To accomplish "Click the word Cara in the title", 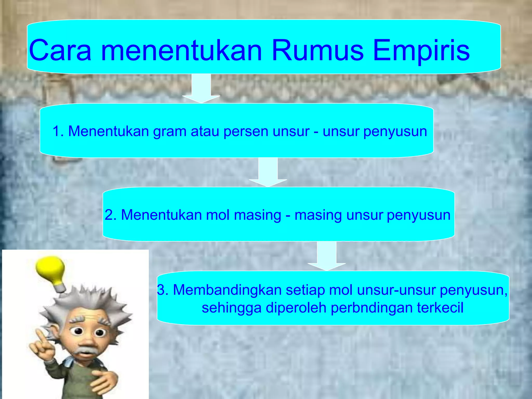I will pyautogui.click(x=60, y=50).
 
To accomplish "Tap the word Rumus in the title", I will pyautogui.click(x=317, y=50).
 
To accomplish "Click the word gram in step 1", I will pyautogui.click(x=169, y=131).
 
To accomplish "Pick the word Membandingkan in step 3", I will pyautogui.click(x=227, y=290).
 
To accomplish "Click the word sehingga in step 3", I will pyautogui.click(x=231, y=308).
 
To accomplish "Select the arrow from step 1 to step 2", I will pyautogui.click(x=268, y=172).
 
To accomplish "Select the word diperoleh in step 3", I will pyautogui.click(x=296, y=308).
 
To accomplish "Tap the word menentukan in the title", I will pyautogui.click(x=181, y=50).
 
